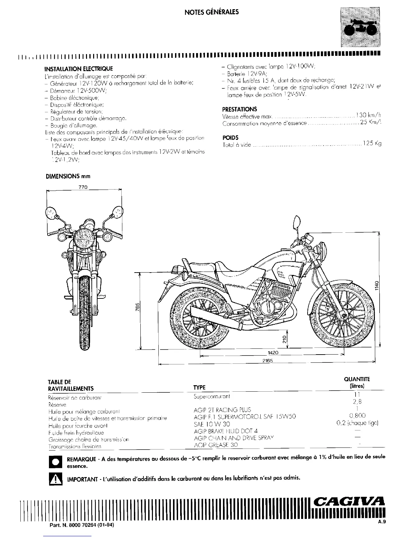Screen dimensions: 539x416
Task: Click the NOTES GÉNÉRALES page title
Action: tap(211, 12)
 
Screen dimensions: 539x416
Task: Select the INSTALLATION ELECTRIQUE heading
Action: tap(79, 69)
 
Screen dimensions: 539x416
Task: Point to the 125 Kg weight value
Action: tap(372, 144)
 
